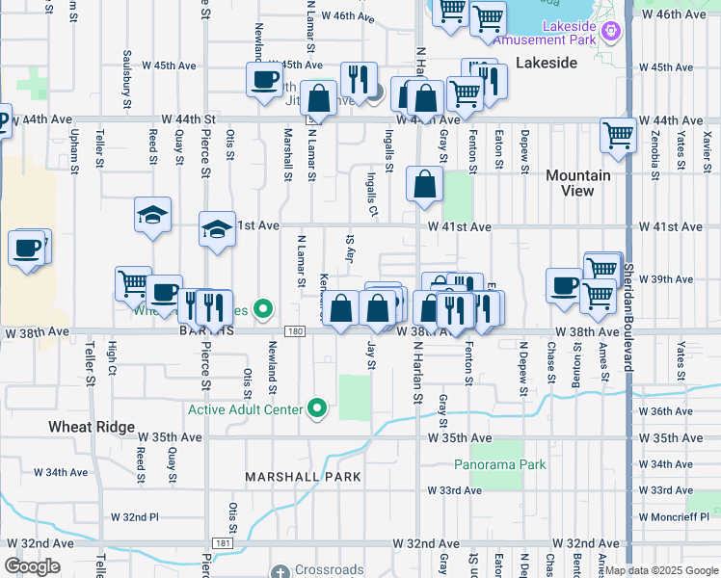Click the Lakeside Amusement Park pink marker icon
609,33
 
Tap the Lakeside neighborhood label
546,63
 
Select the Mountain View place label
577,183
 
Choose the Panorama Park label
500,464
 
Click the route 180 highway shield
296,331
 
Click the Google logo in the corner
31,566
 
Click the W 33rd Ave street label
454,490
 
